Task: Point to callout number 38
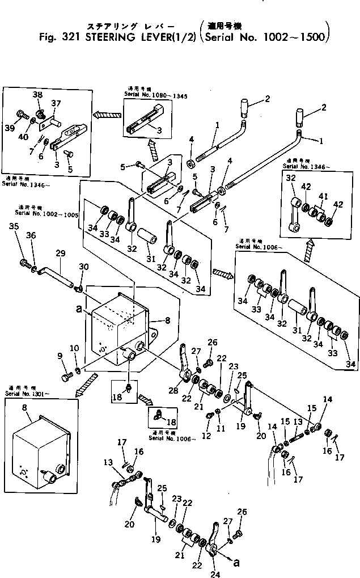coord(37,95)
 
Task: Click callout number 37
coord(56,103)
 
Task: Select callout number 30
coord(84,267)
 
